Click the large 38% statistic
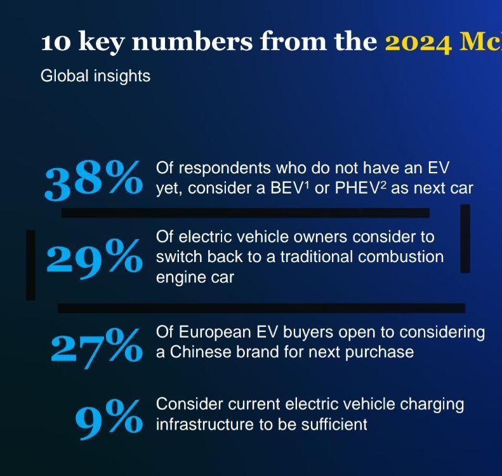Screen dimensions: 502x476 coord(93,180)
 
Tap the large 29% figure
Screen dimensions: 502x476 coord(95,260)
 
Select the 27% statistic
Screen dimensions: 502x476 coord(96,348)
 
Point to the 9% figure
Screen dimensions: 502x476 coord(109,420)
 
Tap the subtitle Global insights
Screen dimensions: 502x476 coord(95,76)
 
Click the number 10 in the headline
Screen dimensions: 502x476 coord(55,43)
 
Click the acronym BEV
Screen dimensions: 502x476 coord(286,188)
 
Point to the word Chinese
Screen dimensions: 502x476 coord(201,352)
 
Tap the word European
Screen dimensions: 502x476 coord(215,333)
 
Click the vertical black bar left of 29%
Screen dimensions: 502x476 coord(30,265)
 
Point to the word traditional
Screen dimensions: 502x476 coord(317,257)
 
